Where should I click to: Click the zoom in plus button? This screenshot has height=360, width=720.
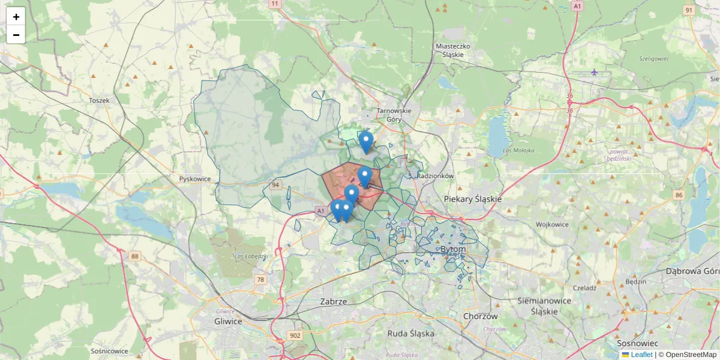click(16, 17)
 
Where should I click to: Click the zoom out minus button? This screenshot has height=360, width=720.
click(16, 35)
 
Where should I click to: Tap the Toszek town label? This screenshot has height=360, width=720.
click(99, 101)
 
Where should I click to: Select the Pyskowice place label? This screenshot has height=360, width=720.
click(195, 179)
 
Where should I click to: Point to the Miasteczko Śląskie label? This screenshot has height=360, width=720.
click(454, 50)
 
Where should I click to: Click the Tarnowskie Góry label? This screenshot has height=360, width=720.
click(394, 115)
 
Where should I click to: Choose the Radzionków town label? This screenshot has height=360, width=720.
click(436, 176)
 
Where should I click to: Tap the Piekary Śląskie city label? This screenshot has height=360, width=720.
click(473, 199)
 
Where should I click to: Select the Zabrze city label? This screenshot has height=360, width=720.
click(334, 301)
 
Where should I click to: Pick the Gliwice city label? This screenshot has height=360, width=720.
click(228, 321)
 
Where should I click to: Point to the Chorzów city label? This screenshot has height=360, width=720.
click(481, 316)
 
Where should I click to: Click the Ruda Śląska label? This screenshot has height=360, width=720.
click(411, 333)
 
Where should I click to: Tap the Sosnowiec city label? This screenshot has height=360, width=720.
click(638, 344)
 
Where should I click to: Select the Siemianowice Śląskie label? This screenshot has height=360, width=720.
click(545, 306)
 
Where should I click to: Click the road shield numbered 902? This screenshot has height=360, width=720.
click(294, 336)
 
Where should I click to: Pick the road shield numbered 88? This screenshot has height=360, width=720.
click(134, 256)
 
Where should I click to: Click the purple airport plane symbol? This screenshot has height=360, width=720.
click(594, 72)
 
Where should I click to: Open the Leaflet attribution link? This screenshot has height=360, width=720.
click(641, 355)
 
